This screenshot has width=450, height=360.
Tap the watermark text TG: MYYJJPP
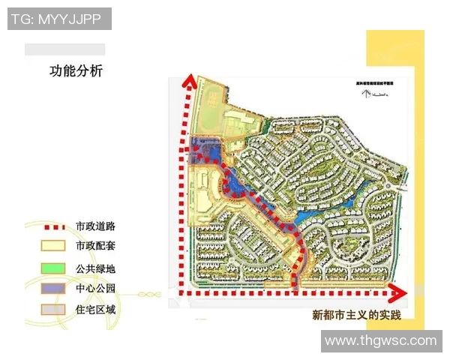(60, 18)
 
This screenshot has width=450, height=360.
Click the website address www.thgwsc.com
(380, 340)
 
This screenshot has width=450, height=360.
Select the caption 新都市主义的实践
(356, 315)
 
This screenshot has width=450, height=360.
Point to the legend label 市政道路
(95, 226)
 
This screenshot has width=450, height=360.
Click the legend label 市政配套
(95, 246)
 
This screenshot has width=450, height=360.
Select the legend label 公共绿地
(95, 268)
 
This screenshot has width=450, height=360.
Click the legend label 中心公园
(95, 289)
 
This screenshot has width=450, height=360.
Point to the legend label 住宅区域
(95, 309)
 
